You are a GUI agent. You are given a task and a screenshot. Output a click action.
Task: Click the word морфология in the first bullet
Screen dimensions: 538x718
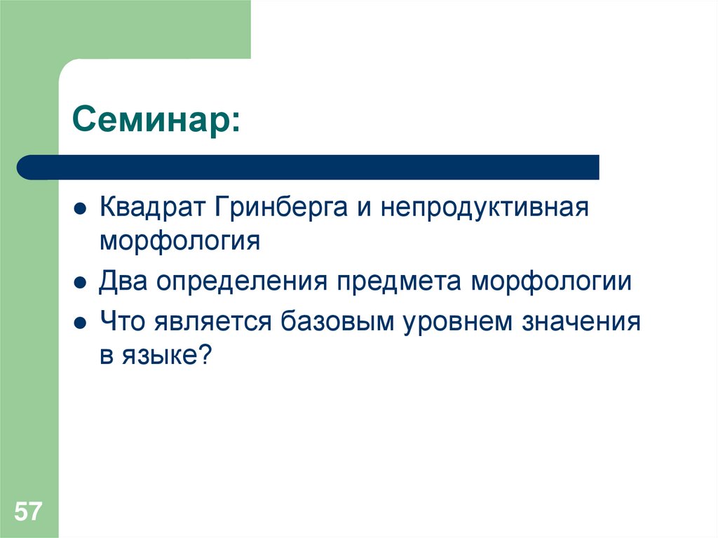point(179,241)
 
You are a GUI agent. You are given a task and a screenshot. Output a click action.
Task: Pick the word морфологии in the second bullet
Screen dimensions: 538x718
point(552,283)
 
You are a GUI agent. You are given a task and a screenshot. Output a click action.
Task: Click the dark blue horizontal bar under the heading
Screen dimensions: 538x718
point(309,167)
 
